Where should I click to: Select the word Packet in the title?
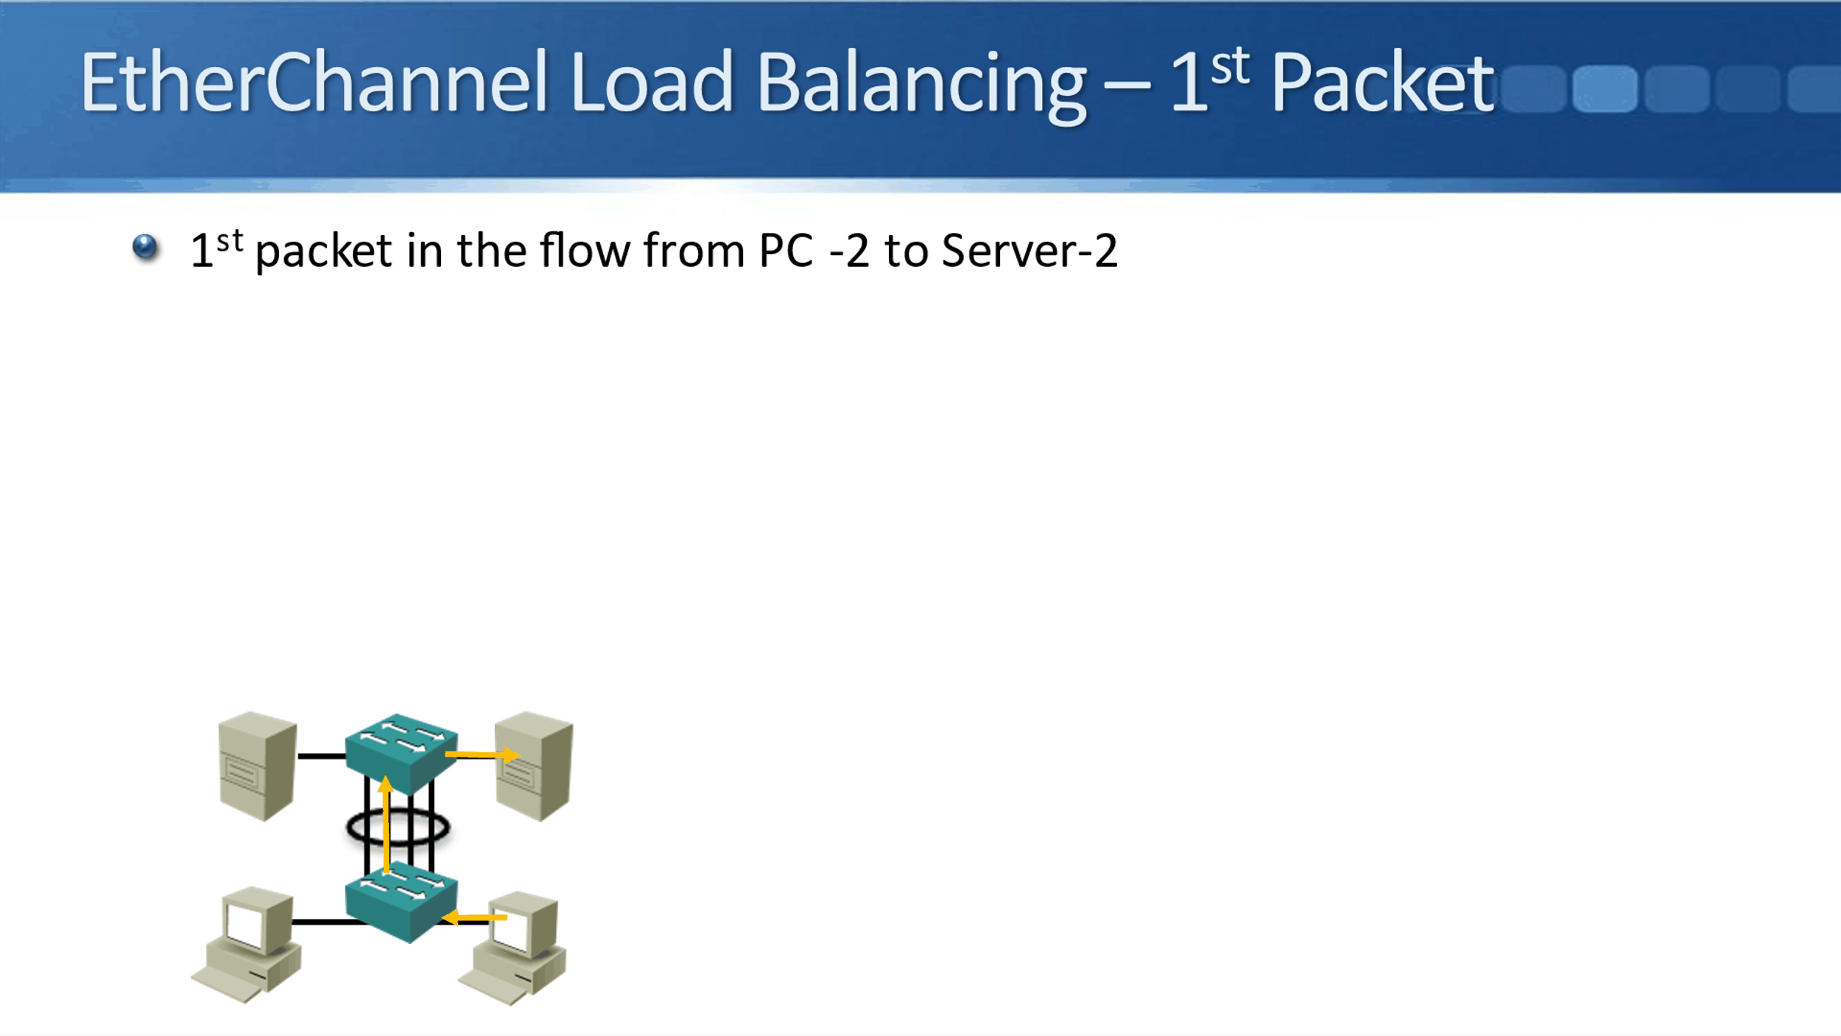[1382, 83]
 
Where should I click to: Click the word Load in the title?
[651, 83]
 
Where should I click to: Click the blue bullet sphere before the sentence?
[145, 246]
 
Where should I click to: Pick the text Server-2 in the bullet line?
[1029, 251]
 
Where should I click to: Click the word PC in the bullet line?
[786, 251]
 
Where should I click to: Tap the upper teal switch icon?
[401, 752]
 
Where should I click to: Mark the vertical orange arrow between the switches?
[386, 825]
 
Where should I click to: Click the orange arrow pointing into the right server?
[482, 755]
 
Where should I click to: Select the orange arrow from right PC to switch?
[475, 917]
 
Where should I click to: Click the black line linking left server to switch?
[321, 756]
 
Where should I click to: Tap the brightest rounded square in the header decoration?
[1605, 88]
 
